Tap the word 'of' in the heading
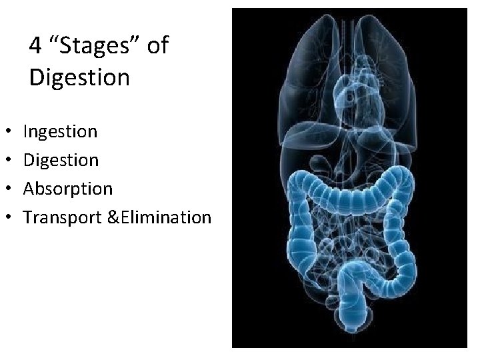(158, 47)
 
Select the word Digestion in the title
(79, 77)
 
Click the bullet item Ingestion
(60, 132)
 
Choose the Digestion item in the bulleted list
(61, 161)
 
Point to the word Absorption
(67, 189)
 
